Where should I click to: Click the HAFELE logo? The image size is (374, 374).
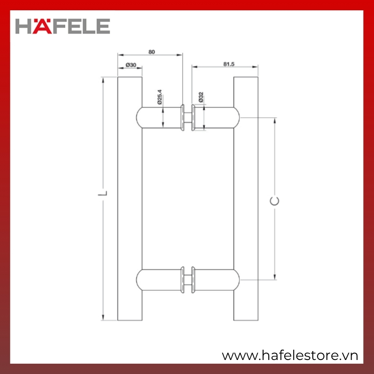click(63, 26)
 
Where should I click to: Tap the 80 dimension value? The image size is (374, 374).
click(151, 52)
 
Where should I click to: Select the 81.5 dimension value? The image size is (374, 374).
click(229, 64)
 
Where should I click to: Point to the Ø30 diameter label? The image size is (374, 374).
click(131, 65)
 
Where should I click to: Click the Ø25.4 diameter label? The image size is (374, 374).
click(159, 97)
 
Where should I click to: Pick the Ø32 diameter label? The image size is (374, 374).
click(201, 97)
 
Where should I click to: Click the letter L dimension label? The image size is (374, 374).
click(103, 193)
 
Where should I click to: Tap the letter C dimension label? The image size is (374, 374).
click(274, 201)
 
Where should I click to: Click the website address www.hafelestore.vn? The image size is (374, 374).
click(290, 356)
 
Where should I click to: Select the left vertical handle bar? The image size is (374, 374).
click(130, 199)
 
